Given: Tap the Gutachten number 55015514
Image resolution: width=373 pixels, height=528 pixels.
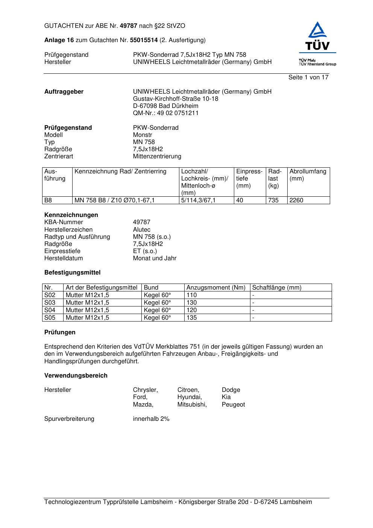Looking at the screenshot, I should point(144,40).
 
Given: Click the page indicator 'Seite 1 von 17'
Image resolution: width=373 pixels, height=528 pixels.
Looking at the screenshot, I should point(308,77).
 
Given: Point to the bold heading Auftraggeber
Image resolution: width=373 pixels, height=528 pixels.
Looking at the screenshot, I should point(64,92).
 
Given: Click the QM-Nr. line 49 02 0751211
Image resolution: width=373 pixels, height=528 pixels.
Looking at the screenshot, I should point(166,113).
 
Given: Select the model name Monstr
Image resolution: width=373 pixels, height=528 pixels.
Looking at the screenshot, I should point(143,135).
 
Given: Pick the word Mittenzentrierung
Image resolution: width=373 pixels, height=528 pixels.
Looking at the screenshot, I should point(157,156).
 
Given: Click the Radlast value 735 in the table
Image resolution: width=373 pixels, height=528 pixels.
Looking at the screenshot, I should point(273,200).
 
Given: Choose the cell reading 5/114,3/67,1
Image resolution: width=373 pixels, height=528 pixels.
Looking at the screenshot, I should point(199,200).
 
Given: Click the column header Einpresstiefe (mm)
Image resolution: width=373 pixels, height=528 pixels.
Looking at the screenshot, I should point(249,179).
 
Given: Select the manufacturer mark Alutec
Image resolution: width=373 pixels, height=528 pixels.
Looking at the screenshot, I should point(142,230).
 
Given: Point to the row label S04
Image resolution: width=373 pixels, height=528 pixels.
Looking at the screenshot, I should point(50,310).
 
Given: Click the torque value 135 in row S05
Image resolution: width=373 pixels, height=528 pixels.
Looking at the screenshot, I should point(192,318).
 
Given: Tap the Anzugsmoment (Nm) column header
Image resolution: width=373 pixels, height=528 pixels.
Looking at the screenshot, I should point(216,288).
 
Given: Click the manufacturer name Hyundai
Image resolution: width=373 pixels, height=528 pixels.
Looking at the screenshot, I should point(190,397).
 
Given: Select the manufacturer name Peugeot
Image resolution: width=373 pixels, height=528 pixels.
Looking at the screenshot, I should point(233,405).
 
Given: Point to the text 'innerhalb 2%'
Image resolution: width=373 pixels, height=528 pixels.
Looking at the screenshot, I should point(151,419).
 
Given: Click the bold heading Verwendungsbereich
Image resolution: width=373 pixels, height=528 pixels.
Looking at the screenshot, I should point(76,376).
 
